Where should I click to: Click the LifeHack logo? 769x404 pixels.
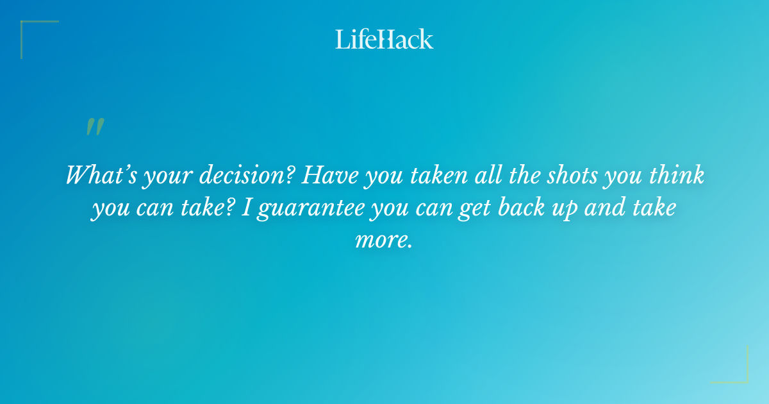point(384,39)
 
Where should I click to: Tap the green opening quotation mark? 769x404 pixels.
point(95,127)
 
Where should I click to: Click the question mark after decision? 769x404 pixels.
point(290,175)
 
